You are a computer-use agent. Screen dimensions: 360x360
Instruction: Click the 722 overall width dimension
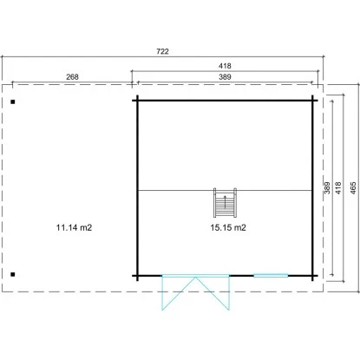coord(162,51)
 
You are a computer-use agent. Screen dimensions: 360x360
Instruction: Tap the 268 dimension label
coord(72,77)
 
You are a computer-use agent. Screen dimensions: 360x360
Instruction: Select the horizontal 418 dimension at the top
coord(225,66)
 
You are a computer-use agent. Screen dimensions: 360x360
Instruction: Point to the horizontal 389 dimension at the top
coord(225,77)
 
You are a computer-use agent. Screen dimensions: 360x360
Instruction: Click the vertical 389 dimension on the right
coord(327,187)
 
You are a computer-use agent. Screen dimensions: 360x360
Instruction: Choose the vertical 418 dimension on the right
coord(338,187)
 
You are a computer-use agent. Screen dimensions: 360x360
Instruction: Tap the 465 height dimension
coord(353,187)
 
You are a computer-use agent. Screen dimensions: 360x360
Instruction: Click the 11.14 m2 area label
coord(74,227)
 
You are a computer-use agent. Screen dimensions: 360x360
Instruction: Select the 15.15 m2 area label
coord(228,227)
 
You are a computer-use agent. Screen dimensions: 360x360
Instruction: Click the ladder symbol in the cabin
coord(225,203)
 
